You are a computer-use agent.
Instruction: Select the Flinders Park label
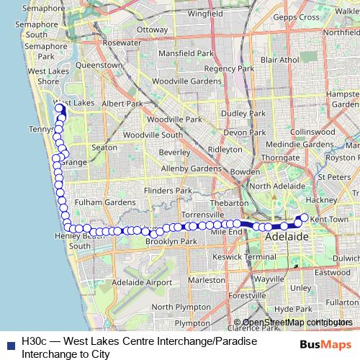coord(168,191)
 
